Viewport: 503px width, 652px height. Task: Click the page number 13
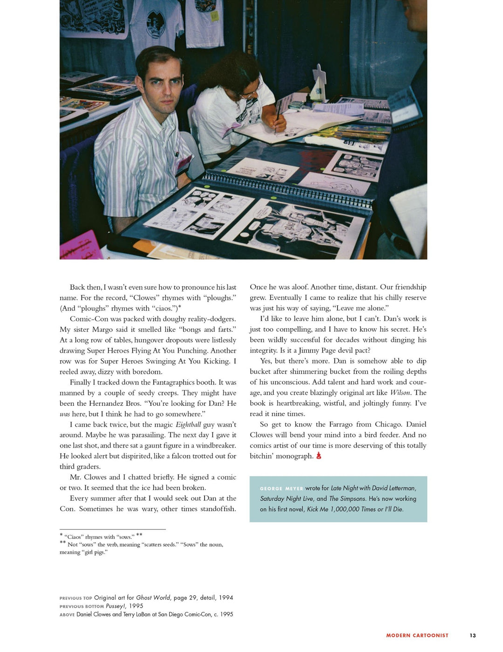(473, 635)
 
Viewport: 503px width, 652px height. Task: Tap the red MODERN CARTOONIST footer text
(417, 635)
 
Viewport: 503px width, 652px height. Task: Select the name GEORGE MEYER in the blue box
(281, 489)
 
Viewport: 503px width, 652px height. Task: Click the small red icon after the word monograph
(319, 456)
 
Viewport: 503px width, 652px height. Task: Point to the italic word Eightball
(188, 424)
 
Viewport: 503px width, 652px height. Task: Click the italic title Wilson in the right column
(400, 393)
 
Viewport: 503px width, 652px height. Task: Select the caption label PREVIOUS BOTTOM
(82, 606)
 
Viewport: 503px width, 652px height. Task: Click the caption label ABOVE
(67, 615)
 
